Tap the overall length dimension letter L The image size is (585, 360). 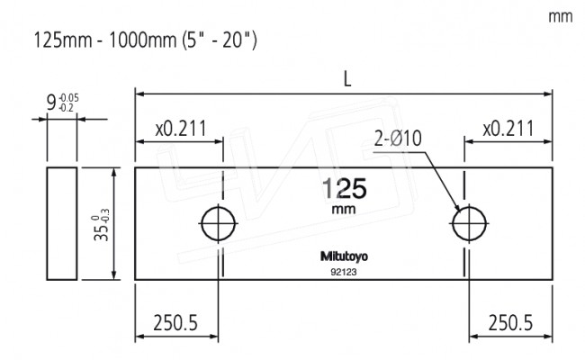(346, 79)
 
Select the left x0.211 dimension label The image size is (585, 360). (179, 129)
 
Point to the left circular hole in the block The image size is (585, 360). (218, 223)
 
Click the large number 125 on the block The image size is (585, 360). (344, 188)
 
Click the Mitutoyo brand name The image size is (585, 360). (344, 256)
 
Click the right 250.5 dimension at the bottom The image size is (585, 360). (510, 320)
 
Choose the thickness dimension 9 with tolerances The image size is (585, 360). (59, 101)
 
